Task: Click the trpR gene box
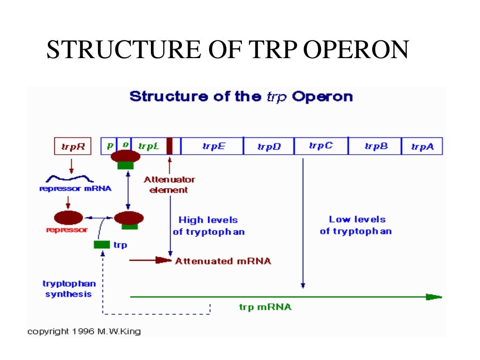tap(71, 146)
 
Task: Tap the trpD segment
tap(269, 147)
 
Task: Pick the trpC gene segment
tap(321, 146)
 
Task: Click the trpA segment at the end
tap(422, 147)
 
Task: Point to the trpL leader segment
tap(149, 146)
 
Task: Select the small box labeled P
tap(110, 146)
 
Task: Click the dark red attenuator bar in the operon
tap(170, 146)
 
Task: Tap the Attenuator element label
tap(169, 185)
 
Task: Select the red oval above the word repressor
tap(68, 217)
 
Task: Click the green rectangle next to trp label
tap(102, 245)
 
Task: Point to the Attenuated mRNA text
tap(223, 261)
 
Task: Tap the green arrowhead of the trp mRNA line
tap(434, 297)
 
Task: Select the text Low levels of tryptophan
tap(356, 225)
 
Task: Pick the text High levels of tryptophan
tap(209, 225)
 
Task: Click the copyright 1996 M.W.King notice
tap(84, 331)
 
